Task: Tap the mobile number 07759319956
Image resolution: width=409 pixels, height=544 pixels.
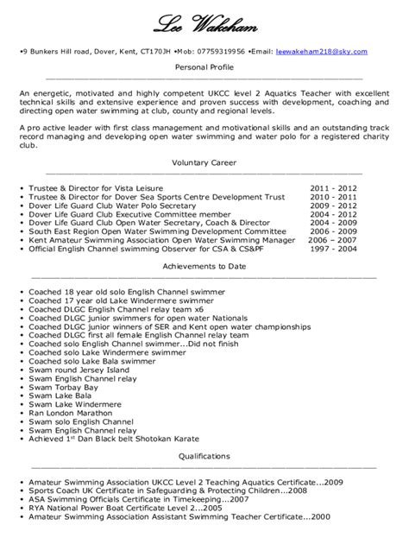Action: [221, 51]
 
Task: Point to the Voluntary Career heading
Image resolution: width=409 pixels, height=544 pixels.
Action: [204, 162]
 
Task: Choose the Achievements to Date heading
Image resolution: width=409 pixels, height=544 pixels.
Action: [204, 267]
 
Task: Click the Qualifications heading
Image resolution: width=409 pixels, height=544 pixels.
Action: [204, 455]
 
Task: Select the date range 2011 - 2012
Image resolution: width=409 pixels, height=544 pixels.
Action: [334, 187]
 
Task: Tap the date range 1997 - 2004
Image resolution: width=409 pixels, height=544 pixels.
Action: [334, 249]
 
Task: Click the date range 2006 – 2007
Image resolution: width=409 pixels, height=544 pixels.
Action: [334, 240]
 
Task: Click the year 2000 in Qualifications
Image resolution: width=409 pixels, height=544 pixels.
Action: [320, 516]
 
